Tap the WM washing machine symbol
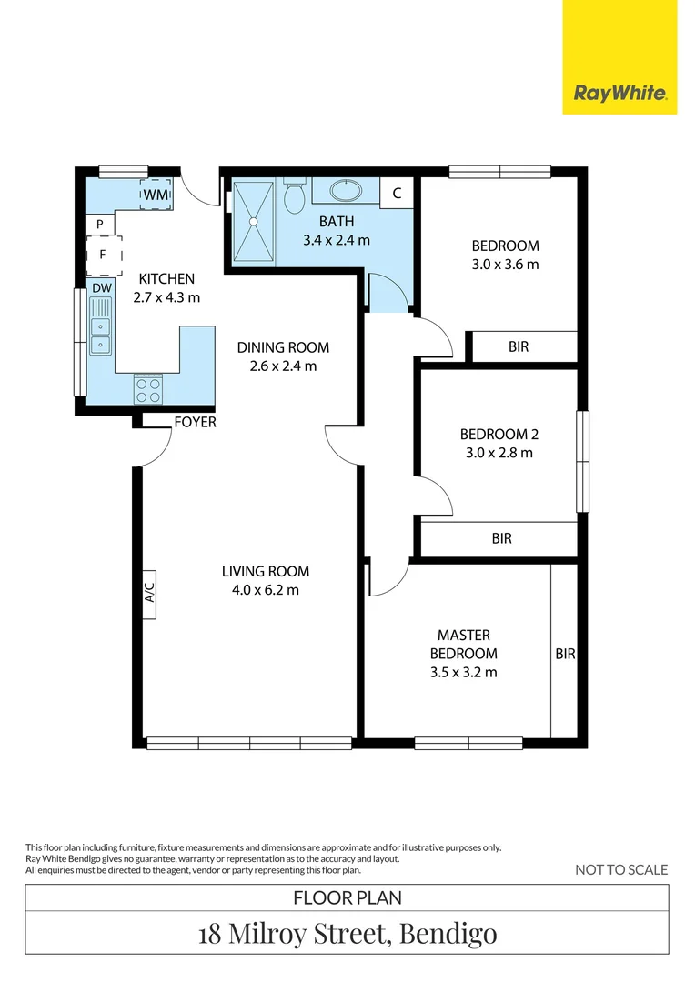(x=156, y=195)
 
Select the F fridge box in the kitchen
(x=104, y=255)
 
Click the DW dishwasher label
(x=102, y=288)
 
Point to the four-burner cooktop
(x=148, y=389)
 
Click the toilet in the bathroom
(x=294, y=195)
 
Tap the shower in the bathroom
(x=254, y=222)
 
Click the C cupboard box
(x=397, y=193)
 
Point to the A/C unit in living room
(x=149, y=595)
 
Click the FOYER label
(x=195, y=422)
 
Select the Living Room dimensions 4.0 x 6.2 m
(x=266, y=590)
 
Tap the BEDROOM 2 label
(x=499, y=434)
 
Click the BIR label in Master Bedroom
(x=565, y=654)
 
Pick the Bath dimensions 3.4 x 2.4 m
(x=337, y=240)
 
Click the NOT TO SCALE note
(x=621, y=869)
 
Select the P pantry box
(x=100, y=224)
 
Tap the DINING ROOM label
(x=283, y=347)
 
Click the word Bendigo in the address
(x=448, y=934)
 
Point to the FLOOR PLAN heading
(x=347, y=898)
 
